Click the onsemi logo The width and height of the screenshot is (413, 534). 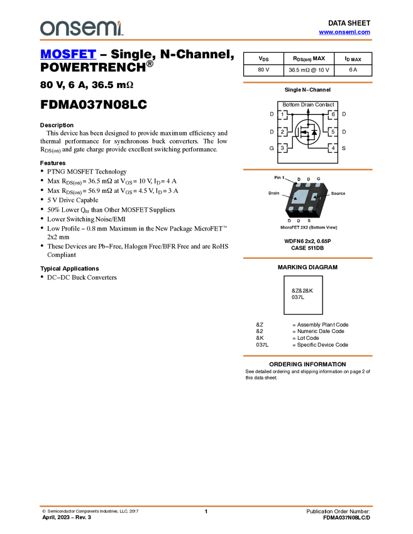(x=81, y=28)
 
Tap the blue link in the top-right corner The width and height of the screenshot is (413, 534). (x=344, y=32)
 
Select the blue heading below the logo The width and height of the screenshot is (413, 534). (x=68, y=54)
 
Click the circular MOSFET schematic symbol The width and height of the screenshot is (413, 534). (x=307, y=132)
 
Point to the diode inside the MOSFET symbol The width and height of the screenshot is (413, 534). (x=314, y=132)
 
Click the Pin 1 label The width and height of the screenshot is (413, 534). (x=280, y=178)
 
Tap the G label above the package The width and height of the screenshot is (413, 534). (x=318, y=179)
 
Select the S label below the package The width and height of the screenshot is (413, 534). (x=309, y=221)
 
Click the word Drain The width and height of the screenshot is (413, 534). (x=273, y=193)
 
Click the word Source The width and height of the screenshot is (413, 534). (x=338, y=193)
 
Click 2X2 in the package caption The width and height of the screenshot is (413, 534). (x=306, y=227)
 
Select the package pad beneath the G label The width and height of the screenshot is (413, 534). (x=319, y=186)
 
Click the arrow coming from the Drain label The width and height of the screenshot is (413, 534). (x=290, y=197)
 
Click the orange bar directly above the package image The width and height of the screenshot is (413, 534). (x=307, y=170)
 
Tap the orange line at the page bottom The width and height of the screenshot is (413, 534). (x=206, y=506)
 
